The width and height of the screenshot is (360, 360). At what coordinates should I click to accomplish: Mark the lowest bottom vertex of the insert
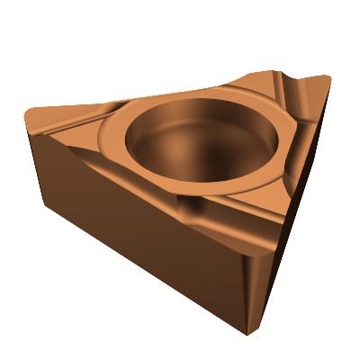tap(247, 334)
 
